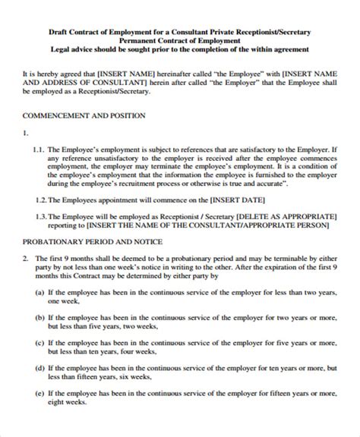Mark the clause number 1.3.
tap(43, 215)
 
